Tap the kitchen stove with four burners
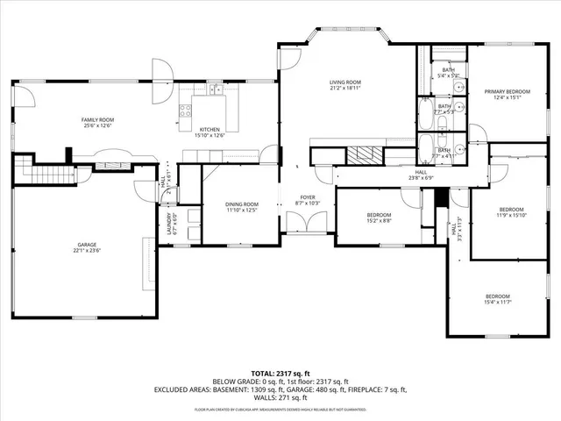pyautogui.click(x=186, y=110)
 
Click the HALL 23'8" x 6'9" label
pyautogui.click(x=421, y=175)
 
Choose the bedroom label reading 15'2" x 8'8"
pyautogui.click(x=380, y=218)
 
